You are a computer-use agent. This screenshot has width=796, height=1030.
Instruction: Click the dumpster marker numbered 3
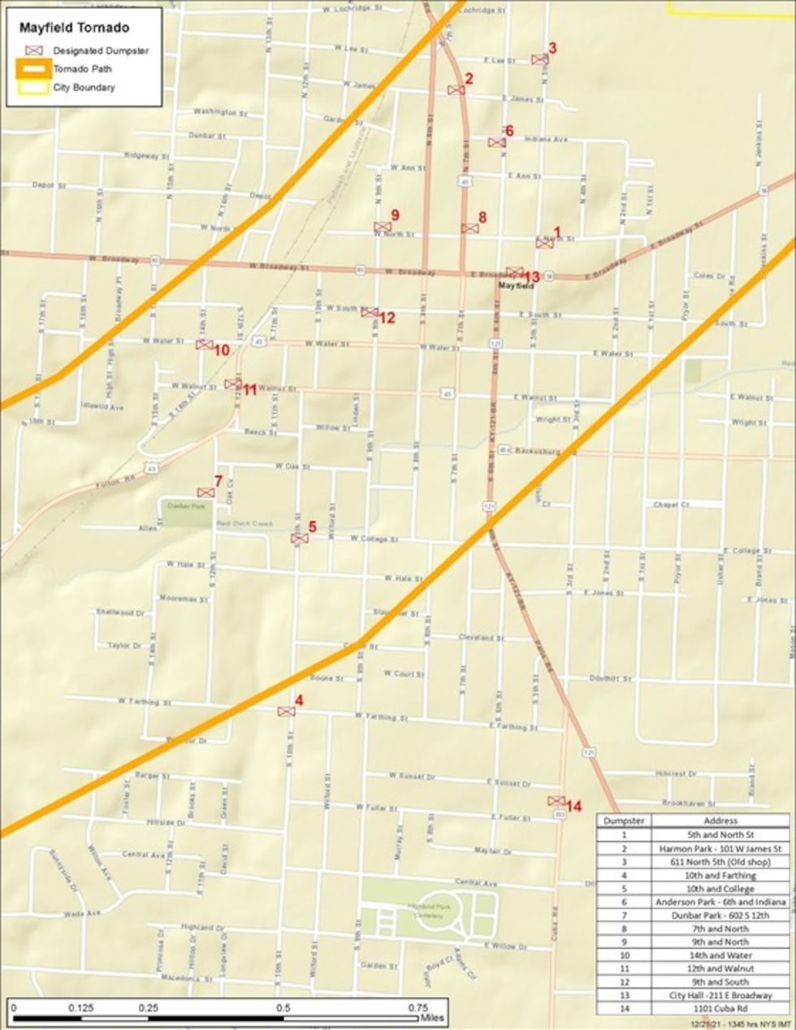coord(539,59)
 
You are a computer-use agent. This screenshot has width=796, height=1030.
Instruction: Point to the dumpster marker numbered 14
coord(556,801)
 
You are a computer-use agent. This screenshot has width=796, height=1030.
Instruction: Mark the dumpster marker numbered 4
coord(286,712)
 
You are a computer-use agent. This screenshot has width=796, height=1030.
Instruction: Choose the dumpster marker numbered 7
coord(205,492)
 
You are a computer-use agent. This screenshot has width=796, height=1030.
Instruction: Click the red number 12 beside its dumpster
coord(387,318)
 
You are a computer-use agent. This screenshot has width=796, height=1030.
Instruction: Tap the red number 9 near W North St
coord(395,214)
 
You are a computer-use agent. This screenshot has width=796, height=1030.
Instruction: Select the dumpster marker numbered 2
coord(456,89)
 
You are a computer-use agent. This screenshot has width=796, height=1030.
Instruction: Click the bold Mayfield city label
coord(516,286)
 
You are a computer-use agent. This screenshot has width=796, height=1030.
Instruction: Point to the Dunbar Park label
coord(178,505)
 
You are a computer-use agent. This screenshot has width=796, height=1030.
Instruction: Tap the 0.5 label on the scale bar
coord(283,1007)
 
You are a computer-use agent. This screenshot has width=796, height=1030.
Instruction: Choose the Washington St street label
coord(214,112)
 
